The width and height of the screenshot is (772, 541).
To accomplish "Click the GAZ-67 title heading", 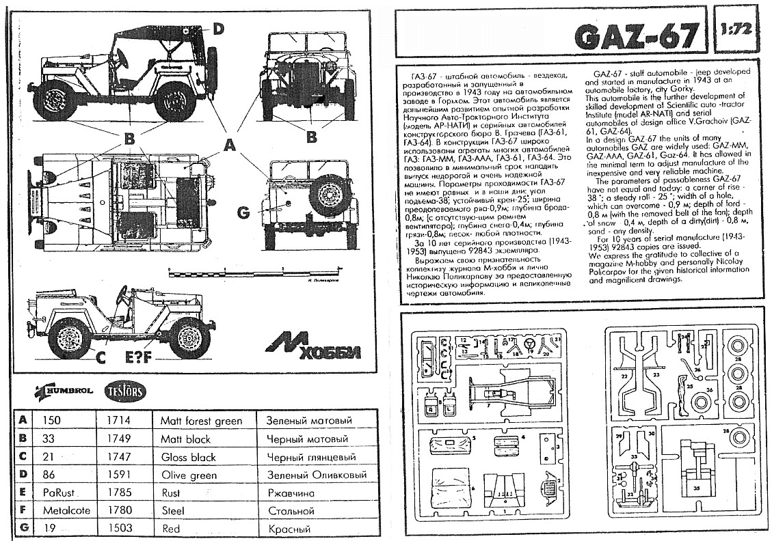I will click(x=636, y=36).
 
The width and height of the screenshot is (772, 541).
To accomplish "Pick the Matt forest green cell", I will click(x=201, y=421).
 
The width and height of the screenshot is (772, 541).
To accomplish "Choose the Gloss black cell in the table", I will click(x=188, y=457).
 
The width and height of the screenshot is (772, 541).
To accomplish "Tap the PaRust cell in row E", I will click(x=58, y=493).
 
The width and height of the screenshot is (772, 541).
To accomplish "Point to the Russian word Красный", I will click(x=289, y=529).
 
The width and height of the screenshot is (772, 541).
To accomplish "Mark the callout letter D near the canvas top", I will click(x=217, y=29).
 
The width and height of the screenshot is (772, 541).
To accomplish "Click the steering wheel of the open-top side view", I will click(x=123, y=294).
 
